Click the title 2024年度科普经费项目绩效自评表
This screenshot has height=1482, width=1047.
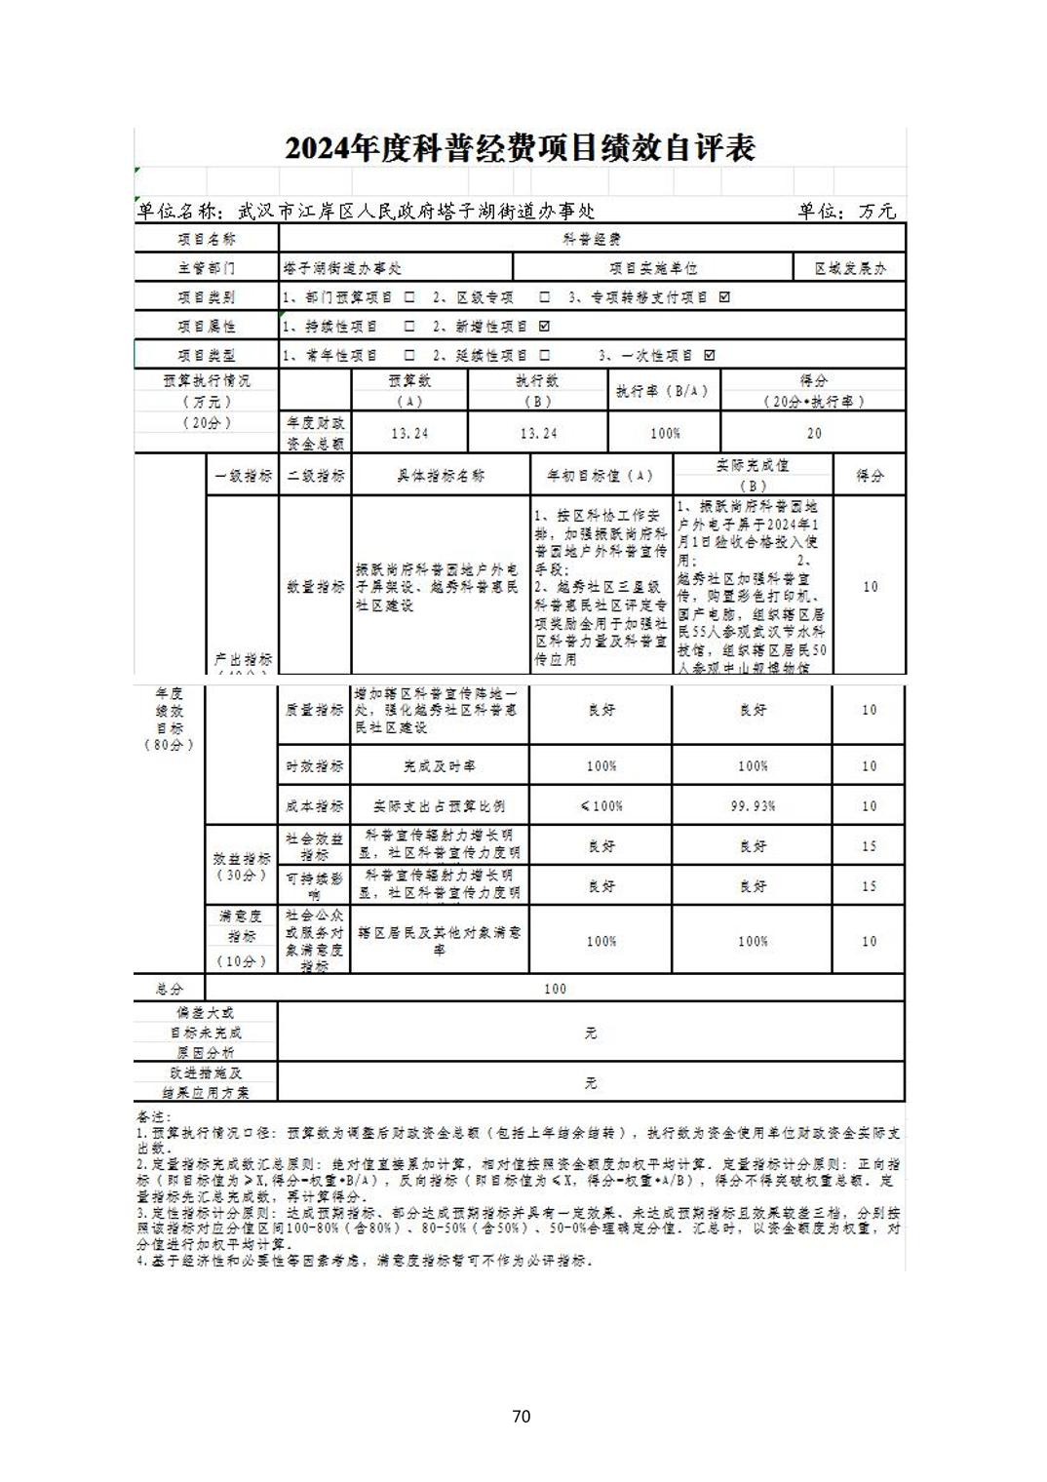[520, 149]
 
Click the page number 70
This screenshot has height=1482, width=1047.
[521, 1416]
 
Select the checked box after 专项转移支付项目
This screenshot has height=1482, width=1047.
[723, 297]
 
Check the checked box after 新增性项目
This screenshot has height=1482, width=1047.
[544, 327]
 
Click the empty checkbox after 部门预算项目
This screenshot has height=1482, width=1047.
[409, 297]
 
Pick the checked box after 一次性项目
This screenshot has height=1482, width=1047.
[709, 356]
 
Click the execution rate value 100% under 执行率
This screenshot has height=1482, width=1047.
[665, 433]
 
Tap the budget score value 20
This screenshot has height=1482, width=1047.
[814, 433]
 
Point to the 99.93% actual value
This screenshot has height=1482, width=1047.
[753, 806]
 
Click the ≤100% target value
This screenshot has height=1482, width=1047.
[601, 806]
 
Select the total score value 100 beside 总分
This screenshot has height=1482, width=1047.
[555, 989]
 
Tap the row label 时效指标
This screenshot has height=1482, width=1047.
[315, 766]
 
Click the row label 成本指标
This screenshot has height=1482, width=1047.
[315, 806]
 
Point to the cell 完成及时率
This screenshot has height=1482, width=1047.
[439, 766]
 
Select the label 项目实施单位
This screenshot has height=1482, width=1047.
[653, 268]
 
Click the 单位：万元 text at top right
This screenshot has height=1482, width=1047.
[846, 211]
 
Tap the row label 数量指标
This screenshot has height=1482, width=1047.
[315, 587]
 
